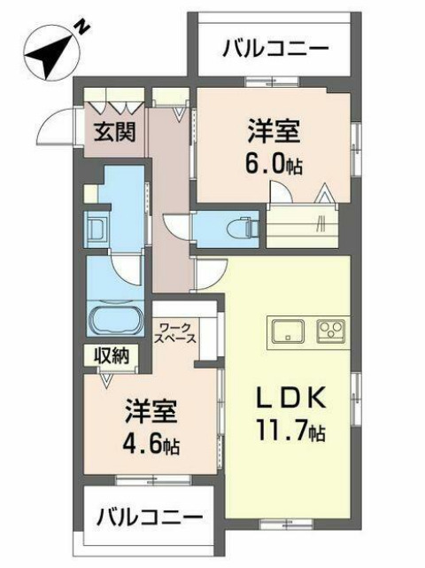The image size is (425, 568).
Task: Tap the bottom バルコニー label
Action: pos(150,515)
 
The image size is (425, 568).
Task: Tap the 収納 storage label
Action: pos(112,355)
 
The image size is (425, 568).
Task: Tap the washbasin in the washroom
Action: pos(96,230)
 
